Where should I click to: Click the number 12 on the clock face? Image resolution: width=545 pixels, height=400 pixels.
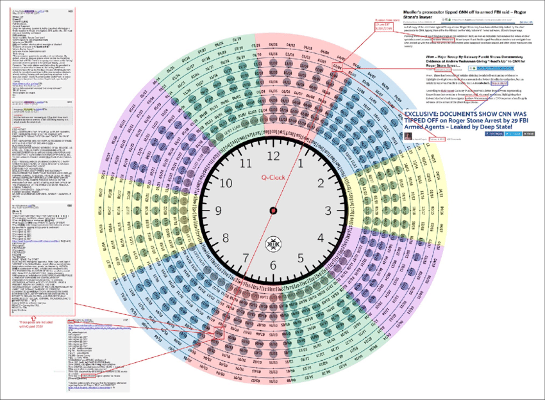coord(273,156)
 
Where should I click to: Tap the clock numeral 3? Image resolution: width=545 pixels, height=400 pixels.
coord(328,211)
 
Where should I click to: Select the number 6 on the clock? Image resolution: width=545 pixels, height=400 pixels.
coord(273,266)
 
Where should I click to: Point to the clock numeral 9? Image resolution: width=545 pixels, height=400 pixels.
coord(219,211)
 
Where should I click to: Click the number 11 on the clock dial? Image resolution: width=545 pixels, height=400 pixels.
coord(246,163)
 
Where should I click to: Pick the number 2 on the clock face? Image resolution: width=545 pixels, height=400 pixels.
coord(321,184)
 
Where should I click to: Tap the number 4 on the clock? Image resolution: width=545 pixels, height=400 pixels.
coord(321,238)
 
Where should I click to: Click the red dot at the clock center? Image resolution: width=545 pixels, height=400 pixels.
coord(273,211)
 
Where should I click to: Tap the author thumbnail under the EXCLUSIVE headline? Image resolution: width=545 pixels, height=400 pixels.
coord(408,139)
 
